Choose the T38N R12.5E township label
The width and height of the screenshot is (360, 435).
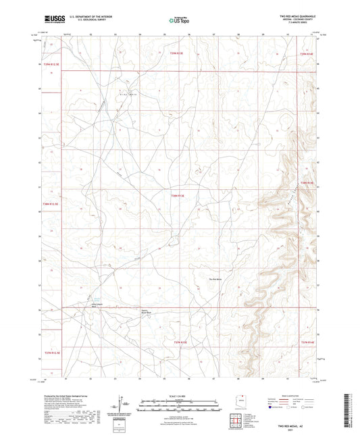[x=51, y=203]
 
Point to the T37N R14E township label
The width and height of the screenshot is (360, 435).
[x=307, y=342]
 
